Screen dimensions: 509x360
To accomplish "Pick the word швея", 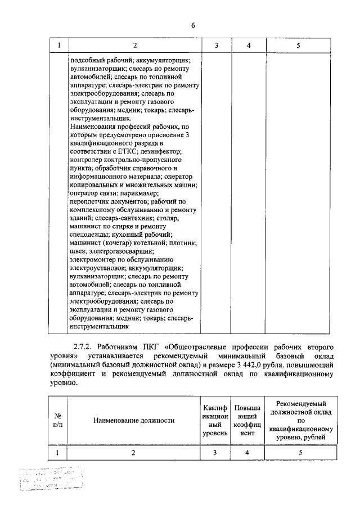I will coord(78,251).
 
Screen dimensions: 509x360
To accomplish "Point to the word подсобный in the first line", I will coord(88,59).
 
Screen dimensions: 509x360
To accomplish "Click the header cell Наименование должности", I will coord(134,420).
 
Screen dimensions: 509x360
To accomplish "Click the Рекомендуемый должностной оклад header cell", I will coord(300,420).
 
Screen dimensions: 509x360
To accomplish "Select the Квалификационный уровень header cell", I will coord(216,420).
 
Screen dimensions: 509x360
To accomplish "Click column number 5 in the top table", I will coord(299,45).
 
